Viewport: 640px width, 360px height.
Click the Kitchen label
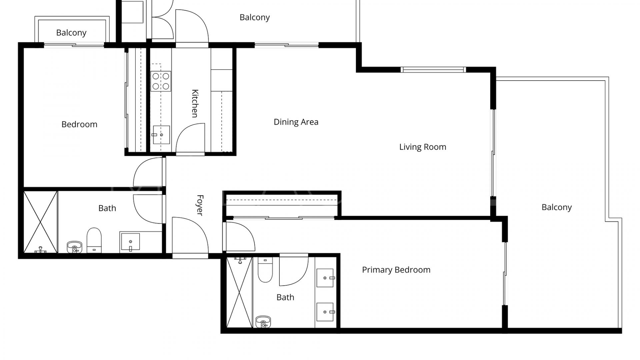[195, 103]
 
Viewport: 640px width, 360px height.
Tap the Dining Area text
[296, 122]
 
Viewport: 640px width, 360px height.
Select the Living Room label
[423, 147]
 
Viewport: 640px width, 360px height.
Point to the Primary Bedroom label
[396, 270]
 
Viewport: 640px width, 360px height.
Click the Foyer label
[200, 205]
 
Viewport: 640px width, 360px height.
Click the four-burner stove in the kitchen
[161, 81]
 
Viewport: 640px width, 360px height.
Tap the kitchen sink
[161, 135]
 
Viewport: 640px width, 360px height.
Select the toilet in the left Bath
[94, 240]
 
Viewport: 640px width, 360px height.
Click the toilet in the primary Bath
[265, 270]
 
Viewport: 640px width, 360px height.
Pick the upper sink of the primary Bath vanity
[325, 278]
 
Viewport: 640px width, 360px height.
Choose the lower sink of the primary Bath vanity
[325, 312]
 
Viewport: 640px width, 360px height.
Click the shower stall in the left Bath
[40, 222]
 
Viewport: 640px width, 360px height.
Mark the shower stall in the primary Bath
[239, 292]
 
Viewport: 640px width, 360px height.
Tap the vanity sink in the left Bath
[130, 242]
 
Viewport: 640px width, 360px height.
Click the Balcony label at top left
[71, 33]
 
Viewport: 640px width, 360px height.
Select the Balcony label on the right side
[557, 207]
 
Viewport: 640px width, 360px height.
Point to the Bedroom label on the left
[79, 124]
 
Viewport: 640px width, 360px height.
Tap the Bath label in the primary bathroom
[285, 297]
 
